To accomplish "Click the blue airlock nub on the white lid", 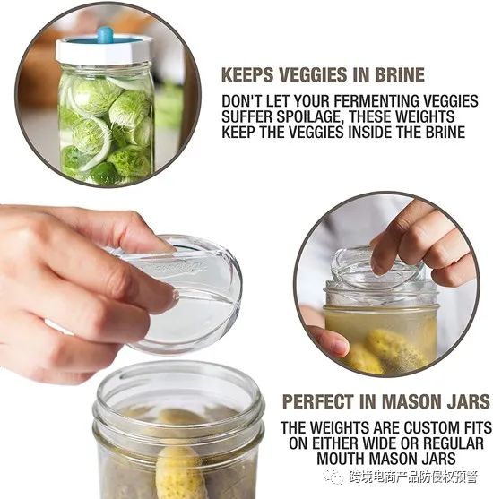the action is coord(105,34).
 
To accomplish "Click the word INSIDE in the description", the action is coord(372,132).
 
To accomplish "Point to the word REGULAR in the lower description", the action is coord(454,443).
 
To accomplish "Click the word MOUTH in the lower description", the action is coord(342,459).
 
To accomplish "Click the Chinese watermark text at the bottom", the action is coord(413,477).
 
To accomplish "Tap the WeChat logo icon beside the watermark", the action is coord(333,477).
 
